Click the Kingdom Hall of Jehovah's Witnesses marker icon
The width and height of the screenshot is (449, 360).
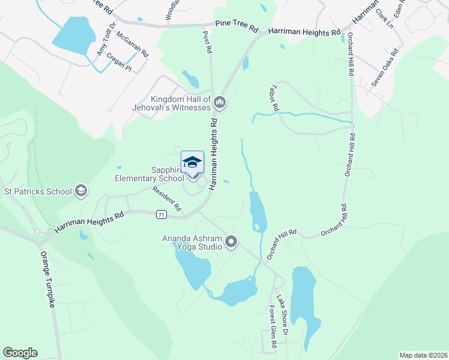220,103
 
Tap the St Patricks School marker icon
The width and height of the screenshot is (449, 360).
81,192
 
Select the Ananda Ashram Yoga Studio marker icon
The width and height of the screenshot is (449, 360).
231,242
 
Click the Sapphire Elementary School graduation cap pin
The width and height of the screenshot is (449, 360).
192,163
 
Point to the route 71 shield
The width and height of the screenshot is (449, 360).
160,214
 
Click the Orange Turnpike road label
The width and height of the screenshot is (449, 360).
48,279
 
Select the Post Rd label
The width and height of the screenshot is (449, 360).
208,43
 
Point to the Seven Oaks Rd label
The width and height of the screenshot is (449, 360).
382,72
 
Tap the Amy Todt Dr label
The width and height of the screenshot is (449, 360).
104,42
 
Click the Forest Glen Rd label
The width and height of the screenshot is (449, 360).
273,328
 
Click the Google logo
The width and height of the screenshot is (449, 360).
20,353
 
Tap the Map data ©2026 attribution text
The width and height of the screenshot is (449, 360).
423,355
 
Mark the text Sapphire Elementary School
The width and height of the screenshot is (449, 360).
149,174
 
